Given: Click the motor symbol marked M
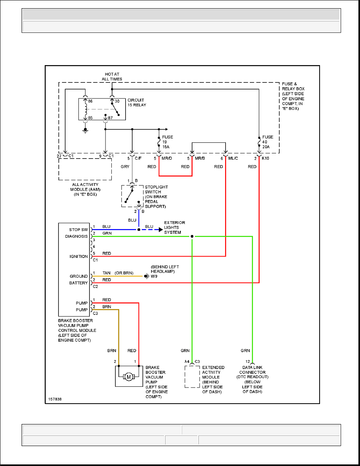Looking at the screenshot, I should tap(128, 377).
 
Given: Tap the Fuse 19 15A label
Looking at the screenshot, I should tap(167, 142).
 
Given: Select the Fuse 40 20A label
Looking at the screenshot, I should tap(268, 142).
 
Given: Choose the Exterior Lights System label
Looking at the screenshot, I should tap(175, 228).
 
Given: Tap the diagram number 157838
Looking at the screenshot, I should tap(55, 399).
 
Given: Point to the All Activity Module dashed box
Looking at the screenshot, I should tap(85, 169).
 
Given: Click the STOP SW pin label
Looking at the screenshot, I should tap(78, 229).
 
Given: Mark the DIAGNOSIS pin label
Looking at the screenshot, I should tap(76, 237).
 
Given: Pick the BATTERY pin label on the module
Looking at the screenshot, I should tap(79, 282).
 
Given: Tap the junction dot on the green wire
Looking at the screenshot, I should tap(192, 237).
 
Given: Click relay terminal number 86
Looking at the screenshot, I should tap(90, 101).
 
